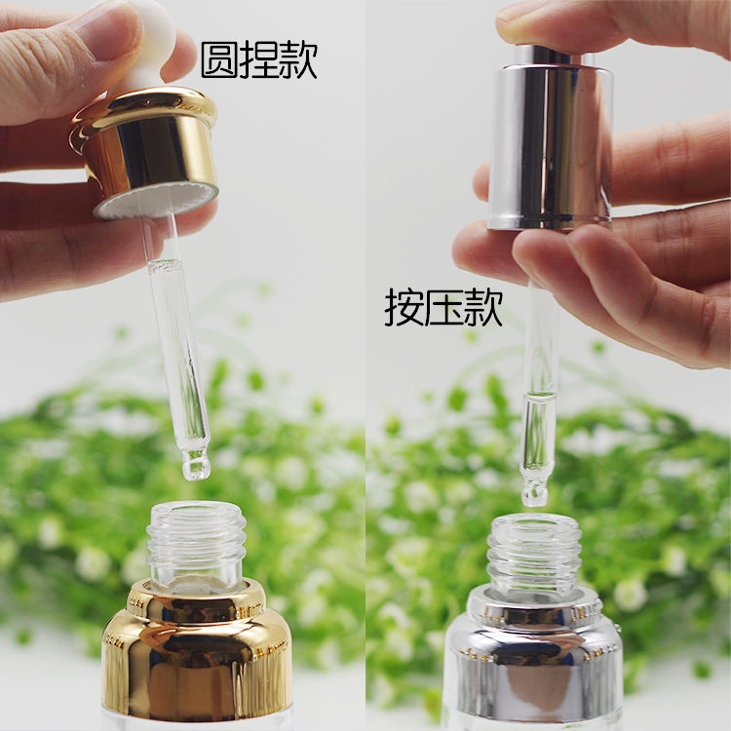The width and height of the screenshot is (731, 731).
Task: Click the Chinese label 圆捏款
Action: pyautogui.click(x=259, y=60)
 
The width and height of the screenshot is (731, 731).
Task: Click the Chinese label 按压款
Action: pyautogui.click(x=443, y=307)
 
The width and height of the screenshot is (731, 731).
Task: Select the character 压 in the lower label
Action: pyautogui.click(x=443, y=307)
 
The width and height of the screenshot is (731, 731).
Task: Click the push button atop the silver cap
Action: pyautogui.click(x=549, y=56)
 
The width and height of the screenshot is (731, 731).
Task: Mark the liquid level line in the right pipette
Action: pyautogui.click(x=540, y=398)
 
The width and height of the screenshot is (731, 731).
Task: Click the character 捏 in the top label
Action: pyautogui.click(x=259, y=60)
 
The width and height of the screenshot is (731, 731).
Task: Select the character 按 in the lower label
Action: pyautogui.click(x=404, y=307)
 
